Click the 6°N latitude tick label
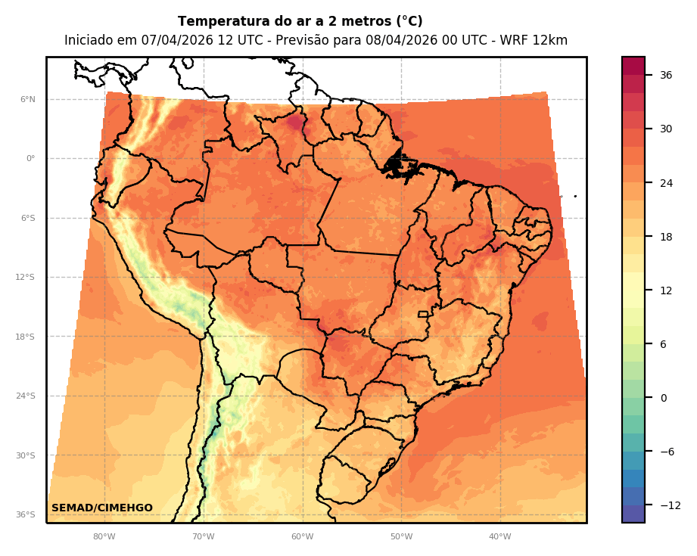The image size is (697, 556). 27,99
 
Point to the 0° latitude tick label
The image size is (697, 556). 30,159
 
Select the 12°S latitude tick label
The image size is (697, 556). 25,278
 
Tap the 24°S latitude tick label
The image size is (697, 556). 25,396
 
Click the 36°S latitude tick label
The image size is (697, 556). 25,515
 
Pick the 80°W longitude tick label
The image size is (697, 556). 104,537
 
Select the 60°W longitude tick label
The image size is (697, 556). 302,537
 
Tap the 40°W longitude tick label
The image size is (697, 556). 499,537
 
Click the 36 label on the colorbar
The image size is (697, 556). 666,75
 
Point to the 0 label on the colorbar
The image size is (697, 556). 663,398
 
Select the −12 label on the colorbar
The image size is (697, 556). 669,505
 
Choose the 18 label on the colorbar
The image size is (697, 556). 666,237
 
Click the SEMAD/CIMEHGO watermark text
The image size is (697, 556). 102,508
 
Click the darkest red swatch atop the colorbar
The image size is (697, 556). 633,66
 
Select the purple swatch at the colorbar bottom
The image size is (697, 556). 633,514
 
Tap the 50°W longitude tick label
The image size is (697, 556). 401,537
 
